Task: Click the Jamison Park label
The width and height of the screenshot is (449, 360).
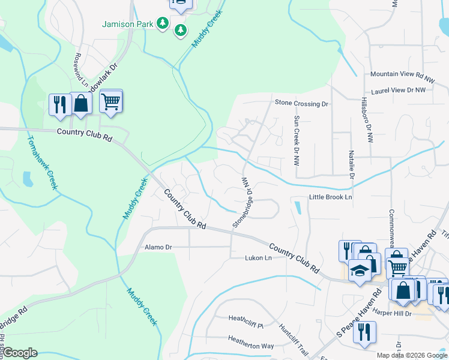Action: (x=128, y=24)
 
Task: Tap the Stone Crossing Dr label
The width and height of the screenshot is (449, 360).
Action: (x=302, y=103)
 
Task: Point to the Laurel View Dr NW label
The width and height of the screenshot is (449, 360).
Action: (x=398, y=90)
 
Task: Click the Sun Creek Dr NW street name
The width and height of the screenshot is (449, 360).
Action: (x=296, y=141)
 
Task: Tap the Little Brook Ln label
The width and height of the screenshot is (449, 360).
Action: (x=330, y=197)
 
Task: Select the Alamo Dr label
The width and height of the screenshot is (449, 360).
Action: (x=158, y=247)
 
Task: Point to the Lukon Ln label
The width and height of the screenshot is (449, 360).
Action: (x=258, y=258)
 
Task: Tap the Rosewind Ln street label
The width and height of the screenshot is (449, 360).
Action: (x=77, y=69)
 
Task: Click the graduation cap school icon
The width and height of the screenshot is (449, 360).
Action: (x=360, y=272)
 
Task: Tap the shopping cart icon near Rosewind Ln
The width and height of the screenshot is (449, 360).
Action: (x=111, y=101)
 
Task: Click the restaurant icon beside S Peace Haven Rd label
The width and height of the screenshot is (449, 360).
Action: (x=364, y=332)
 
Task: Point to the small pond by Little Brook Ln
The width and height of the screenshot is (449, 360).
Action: (x=298, y=208)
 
